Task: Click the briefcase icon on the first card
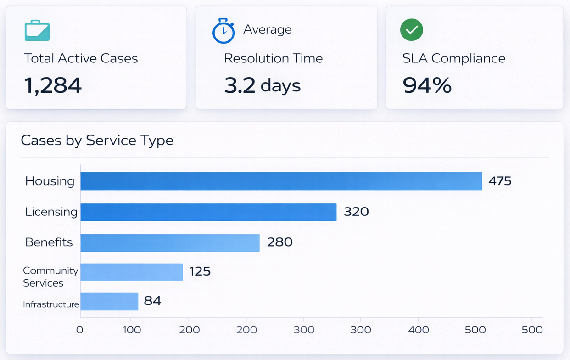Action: pos(37,30)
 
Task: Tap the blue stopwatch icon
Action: pos(224,31)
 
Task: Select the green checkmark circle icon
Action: pos(411,30)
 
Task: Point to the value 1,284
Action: pos(53,85)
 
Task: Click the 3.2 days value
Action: pos(262,85)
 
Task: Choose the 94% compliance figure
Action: pos(427,85)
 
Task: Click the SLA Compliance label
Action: pos(453,58)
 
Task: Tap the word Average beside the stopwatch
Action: pos(267,29)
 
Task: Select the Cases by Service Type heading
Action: pos(97,140)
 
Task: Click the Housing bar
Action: pos(281,181)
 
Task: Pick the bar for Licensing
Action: pos(208,212)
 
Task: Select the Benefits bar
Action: pos(170,242)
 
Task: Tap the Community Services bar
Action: pos(131,272)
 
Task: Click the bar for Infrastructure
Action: pos(109,302)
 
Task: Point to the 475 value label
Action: pos(500,181)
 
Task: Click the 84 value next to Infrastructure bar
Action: pos(152,301)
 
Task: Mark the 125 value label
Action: pos(200,271)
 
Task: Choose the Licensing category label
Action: pos(51,212)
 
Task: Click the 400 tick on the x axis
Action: pos(418,330)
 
